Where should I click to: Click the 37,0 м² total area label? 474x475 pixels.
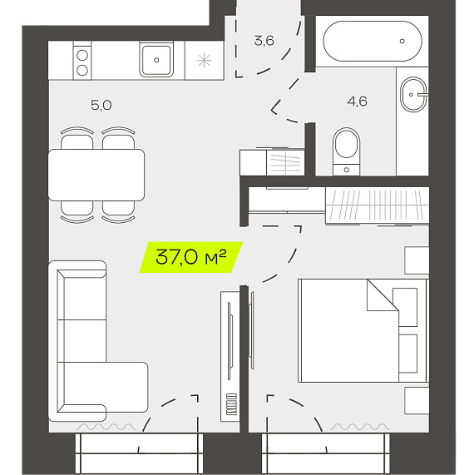pos(191,257)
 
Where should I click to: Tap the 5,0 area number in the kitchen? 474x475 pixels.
pos(101,105)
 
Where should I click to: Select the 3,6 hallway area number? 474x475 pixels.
pos(264,41)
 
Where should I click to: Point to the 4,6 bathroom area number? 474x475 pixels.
pos(357,101)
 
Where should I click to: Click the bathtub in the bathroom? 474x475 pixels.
pos(373,41)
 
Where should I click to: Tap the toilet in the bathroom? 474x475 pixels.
pos(346,151)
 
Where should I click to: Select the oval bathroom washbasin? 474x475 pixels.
pos(413,94)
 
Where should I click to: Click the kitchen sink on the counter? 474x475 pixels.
pos(156,60)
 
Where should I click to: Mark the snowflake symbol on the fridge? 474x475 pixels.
pos(204,60)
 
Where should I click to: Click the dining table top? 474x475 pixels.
pos(96,175)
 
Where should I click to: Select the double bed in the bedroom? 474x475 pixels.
pos(363,330)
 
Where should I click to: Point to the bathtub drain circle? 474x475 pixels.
pos(402,41)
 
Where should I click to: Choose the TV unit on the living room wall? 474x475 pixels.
pos(230,357)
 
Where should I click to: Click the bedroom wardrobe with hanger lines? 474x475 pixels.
pos(377,205)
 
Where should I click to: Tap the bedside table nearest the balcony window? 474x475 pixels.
pos(417,400)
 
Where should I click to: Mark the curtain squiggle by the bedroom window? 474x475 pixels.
pos(359,427)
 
